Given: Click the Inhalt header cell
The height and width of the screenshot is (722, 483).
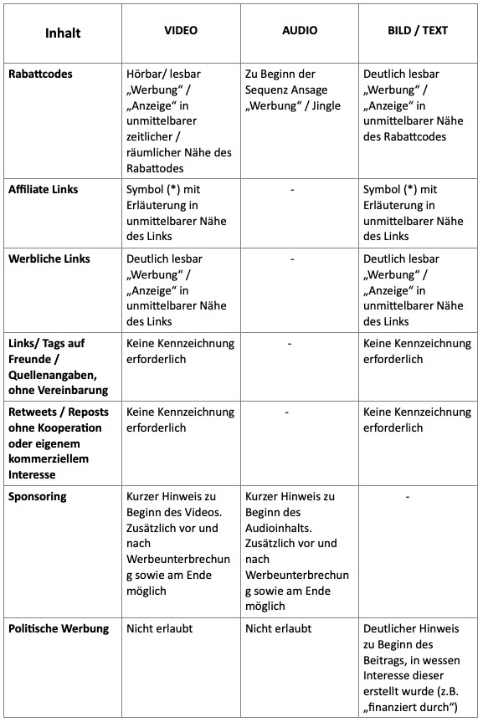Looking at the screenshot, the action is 63,34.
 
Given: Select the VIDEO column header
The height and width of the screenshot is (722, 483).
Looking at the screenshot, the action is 180,30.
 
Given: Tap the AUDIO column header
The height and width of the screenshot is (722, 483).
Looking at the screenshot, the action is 300,30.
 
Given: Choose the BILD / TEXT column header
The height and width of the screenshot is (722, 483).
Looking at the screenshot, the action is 418,30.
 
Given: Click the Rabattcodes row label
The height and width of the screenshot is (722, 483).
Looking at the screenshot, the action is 40,74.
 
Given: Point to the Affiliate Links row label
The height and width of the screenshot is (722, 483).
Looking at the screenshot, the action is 43,189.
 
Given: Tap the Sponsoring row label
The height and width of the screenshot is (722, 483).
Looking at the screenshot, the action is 37,496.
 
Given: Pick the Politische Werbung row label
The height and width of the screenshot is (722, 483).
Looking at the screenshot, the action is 59,628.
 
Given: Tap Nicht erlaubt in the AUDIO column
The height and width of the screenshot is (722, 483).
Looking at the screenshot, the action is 278,628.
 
